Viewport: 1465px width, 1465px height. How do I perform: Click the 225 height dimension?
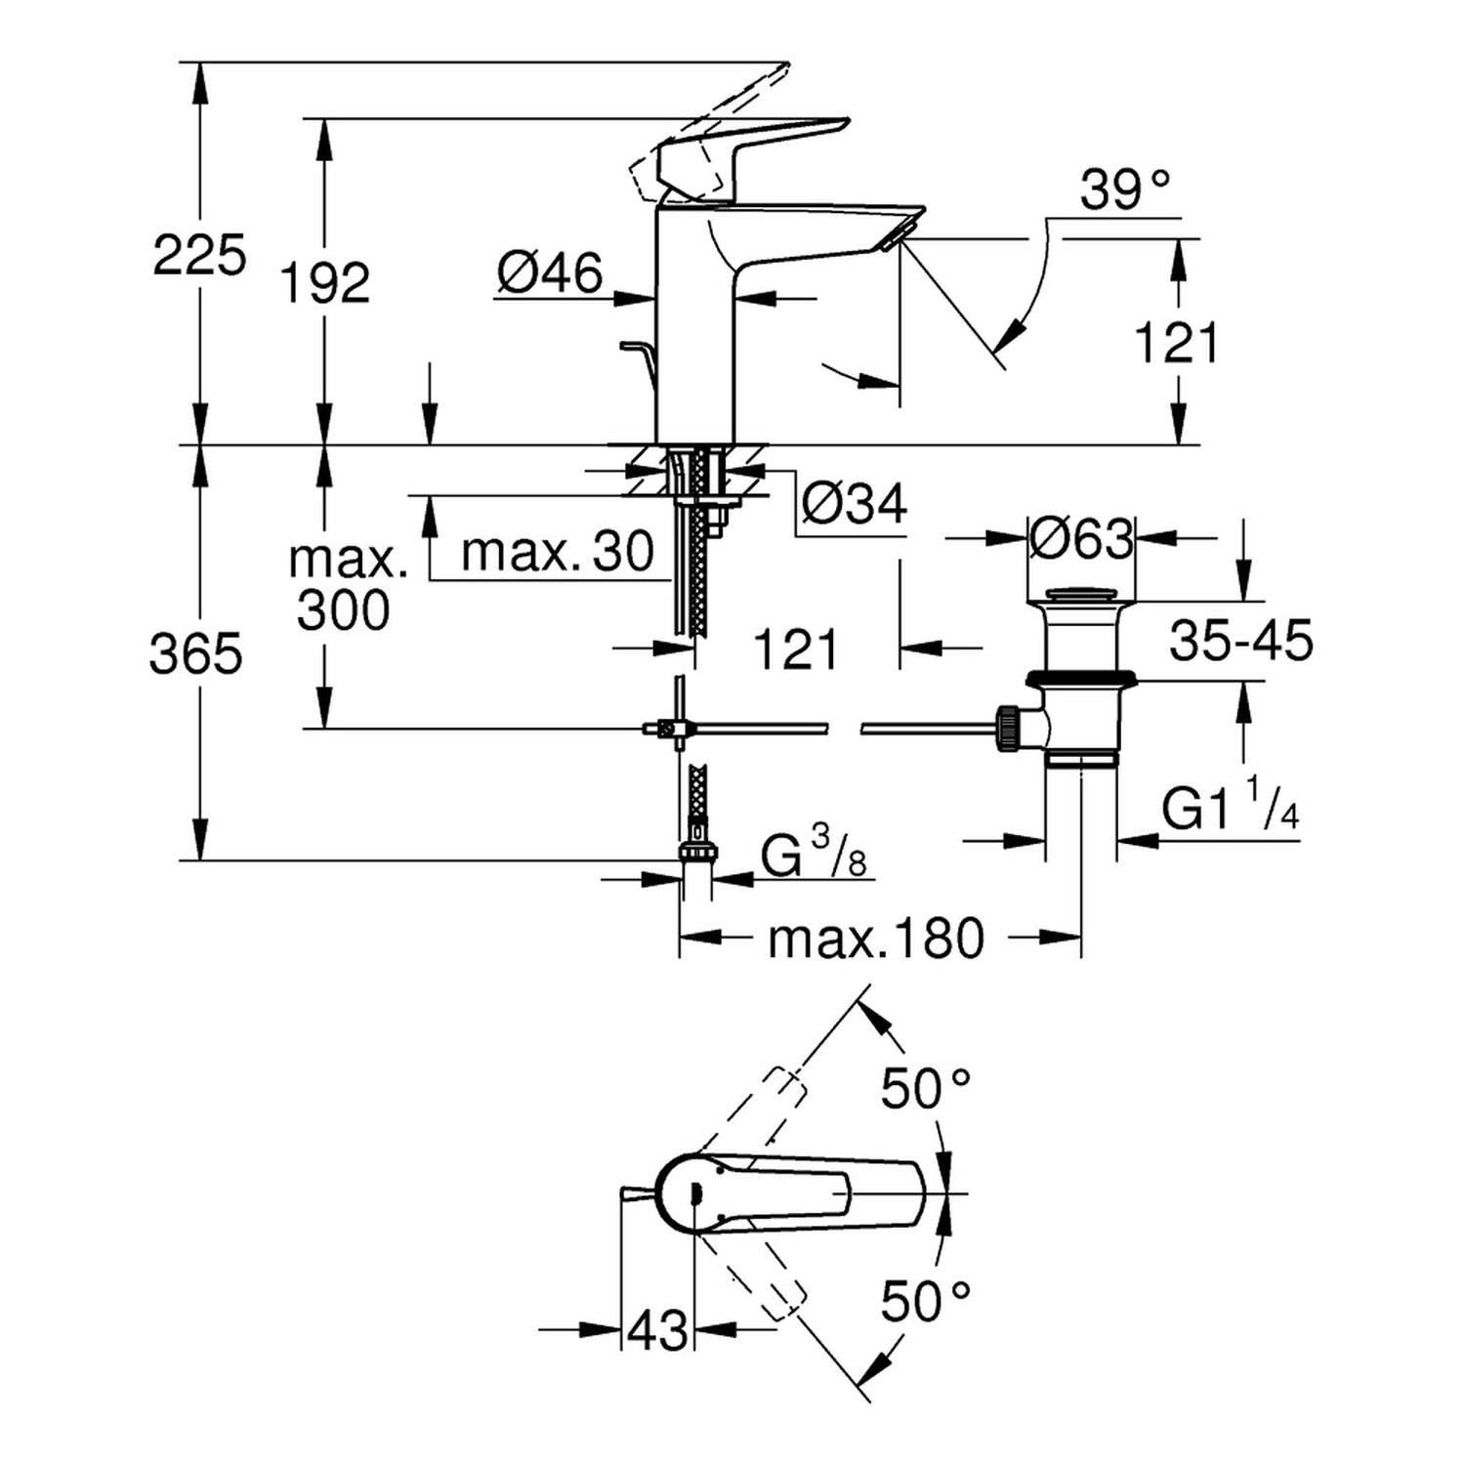pos(199,257)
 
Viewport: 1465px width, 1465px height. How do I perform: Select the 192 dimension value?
pos(325,283)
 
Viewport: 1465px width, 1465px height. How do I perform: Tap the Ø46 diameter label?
pos(550,272)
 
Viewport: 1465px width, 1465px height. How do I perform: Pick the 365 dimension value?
pos(195,653)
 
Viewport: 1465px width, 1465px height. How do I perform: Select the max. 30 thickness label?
pos(557,553)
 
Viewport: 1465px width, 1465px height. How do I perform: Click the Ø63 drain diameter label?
pos(1082,538)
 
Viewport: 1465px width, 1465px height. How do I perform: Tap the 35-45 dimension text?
pos(1240,642)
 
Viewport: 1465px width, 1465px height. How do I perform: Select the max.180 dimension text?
pos(876,940)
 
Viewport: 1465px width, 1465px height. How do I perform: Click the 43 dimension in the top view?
pos(657,1329)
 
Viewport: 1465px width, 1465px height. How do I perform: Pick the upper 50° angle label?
pos(925,1087)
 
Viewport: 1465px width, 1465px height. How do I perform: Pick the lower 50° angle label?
pos(925,1300)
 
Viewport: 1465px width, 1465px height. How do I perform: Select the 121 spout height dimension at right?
pos(1177,344)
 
